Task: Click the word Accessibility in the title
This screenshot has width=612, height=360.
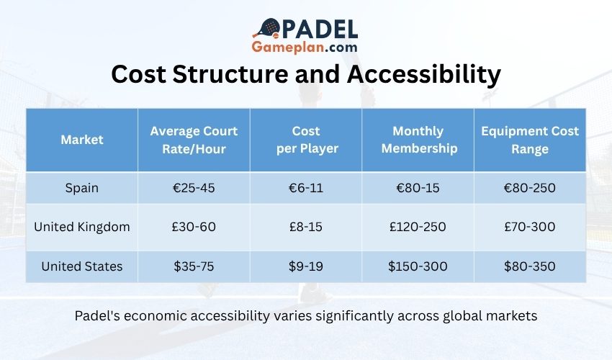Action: (x=428, y=75)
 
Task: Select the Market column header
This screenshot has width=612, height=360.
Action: (x=81, y=140)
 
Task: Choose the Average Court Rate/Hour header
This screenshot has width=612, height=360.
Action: (x=194, y=140)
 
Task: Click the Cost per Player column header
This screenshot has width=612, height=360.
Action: (x=306, y=140)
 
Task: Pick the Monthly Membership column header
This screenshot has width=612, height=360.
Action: (x=418, y=140)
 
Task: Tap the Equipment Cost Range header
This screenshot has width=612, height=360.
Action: (x=530, y=140)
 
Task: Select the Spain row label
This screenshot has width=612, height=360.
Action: (x=81, y=188)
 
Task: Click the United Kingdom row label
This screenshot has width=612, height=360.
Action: (x=81, y=227)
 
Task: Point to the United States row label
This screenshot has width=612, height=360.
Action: (x=81, y=266)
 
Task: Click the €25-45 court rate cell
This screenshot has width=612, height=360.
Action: (x=194, y=188)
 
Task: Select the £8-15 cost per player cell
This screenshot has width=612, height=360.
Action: (x=306, y=227)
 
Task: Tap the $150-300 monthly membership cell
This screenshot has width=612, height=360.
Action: (x=418, y=266)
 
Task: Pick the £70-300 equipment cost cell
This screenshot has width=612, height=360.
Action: (x=530, y=227)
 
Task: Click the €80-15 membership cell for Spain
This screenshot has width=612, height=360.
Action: (x=418, y=188)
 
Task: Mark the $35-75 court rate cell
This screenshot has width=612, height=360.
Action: (x=194, y=266)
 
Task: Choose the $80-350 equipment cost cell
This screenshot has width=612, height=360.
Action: (x=530, y=266)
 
